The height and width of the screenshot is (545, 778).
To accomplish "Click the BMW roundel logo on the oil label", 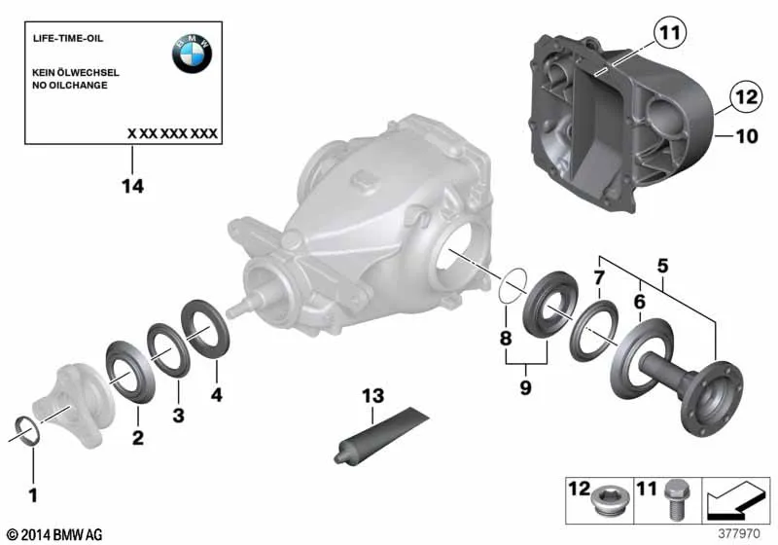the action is pos(192,54).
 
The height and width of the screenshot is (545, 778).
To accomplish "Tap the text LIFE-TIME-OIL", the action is pos(68,38).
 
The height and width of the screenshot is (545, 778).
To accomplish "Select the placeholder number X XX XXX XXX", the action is pos(172,133).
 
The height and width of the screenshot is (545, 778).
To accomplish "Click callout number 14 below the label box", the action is pos(132,187).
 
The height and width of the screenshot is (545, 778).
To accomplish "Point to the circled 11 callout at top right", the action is pos(670,33).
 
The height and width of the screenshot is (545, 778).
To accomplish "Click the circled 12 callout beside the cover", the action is pos(746,95).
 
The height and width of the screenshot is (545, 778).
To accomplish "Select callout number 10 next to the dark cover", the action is pos(747,136).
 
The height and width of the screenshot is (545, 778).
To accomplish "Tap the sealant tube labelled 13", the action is pos(381,436).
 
